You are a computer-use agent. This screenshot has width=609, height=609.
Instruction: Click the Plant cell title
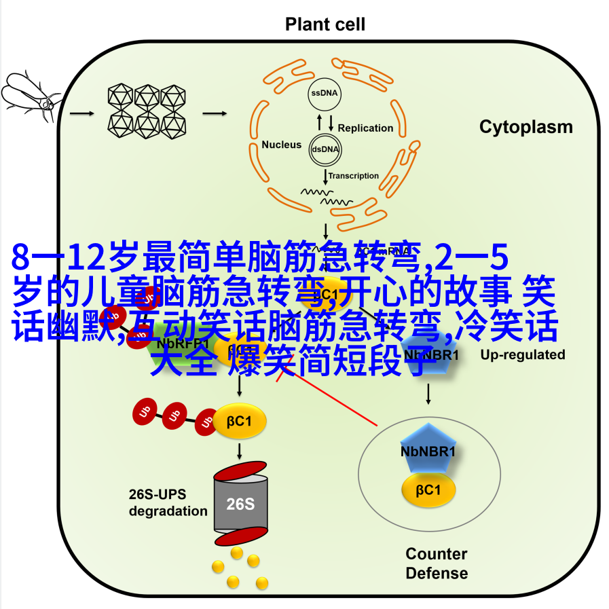[325, 25]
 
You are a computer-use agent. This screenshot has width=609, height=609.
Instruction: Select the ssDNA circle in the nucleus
[325, 94]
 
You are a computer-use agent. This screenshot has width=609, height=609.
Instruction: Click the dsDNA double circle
[325, 149]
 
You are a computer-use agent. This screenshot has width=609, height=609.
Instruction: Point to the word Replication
[365, 128]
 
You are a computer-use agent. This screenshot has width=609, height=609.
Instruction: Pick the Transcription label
[354, 176]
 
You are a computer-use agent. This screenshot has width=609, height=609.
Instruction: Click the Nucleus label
[281, 145]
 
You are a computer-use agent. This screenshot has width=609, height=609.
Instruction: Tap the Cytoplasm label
[526, 127]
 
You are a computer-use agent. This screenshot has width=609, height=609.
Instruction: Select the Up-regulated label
[523, 354]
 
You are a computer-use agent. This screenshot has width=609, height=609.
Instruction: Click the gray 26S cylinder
[240, 504]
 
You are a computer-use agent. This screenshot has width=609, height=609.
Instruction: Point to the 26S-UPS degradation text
[168, 503]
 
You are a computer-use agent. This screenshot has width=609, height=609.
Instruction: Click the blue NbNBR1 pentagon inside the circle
[428, 449]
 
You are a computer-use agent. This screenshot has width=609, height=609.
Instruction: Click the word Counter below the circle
[437, 554]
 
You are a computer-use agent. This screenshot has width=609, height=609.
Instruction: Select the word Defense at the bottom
[437, 573]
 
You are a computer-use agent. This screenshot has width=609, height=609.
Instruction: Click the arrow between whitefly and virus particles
[82, 113]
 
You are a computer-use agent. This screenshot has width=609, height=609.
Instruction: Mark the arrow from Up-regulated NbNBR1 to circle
[428, 394]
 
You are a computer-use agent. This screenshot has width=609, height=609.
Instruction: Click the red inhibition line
[333, 401]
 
